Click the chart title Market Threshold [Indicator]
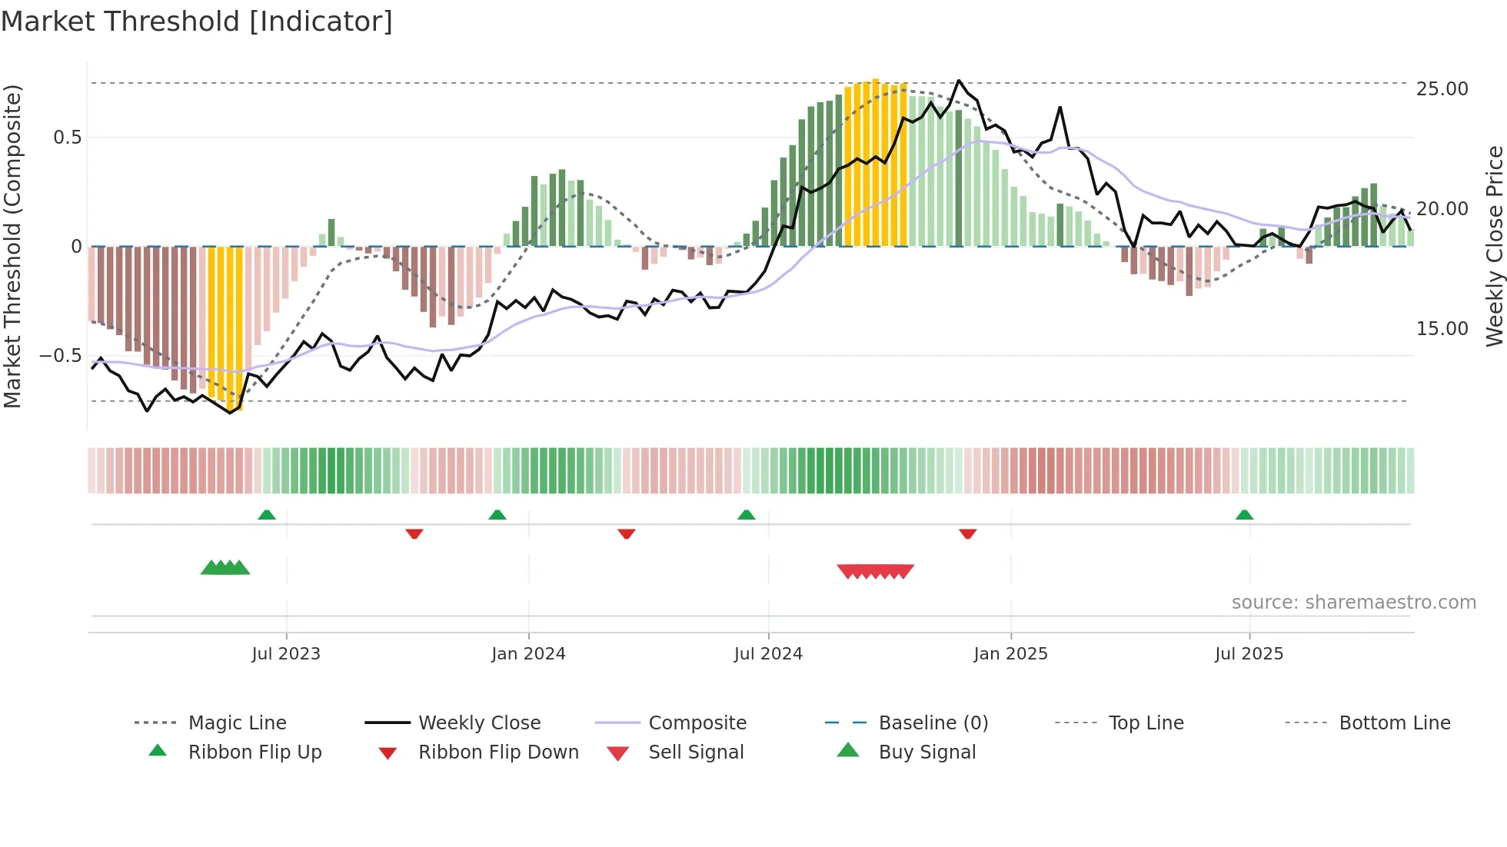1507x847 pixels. pyautogui.click(x=197, y=22)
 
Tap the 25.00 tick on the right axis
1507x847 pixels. pyautogui.click(x=1442, y=89)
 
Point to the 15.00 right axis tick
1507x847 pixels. pyautogui.click(x=1442, y=329)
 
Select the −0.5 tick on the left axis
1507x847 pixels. pyautogui.click(x=60, y=356)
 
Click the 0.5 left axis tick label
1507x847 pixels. pyautogui.click(x=67, y=138)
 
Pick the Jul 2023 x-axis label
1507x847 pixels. pyautogui.click(x=286, y=654)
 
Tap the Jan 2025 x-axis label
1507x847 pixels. pyautogui.click(x=1010, y=654)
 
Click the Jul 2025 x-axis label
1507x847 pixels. pyautogui.click(x=1249, y=654)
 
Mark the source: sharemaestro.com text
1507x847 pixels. pyautogui.click(x=1353, y=603)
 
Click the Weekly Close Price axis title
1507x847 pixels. pyautogui.click(x=1494, y=246)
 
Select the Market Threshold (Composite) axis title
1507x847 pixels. pyautogui.click(x=12, y=246)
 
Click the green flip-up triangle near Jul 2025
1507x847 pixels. pyautogui.click(x=1245, y=515)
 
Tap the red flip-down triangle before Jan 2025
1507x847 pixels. pyautogui.click(x=968, y=533)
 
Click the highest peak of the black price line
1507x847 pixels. pyautogui.click(x=959, y=81)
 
